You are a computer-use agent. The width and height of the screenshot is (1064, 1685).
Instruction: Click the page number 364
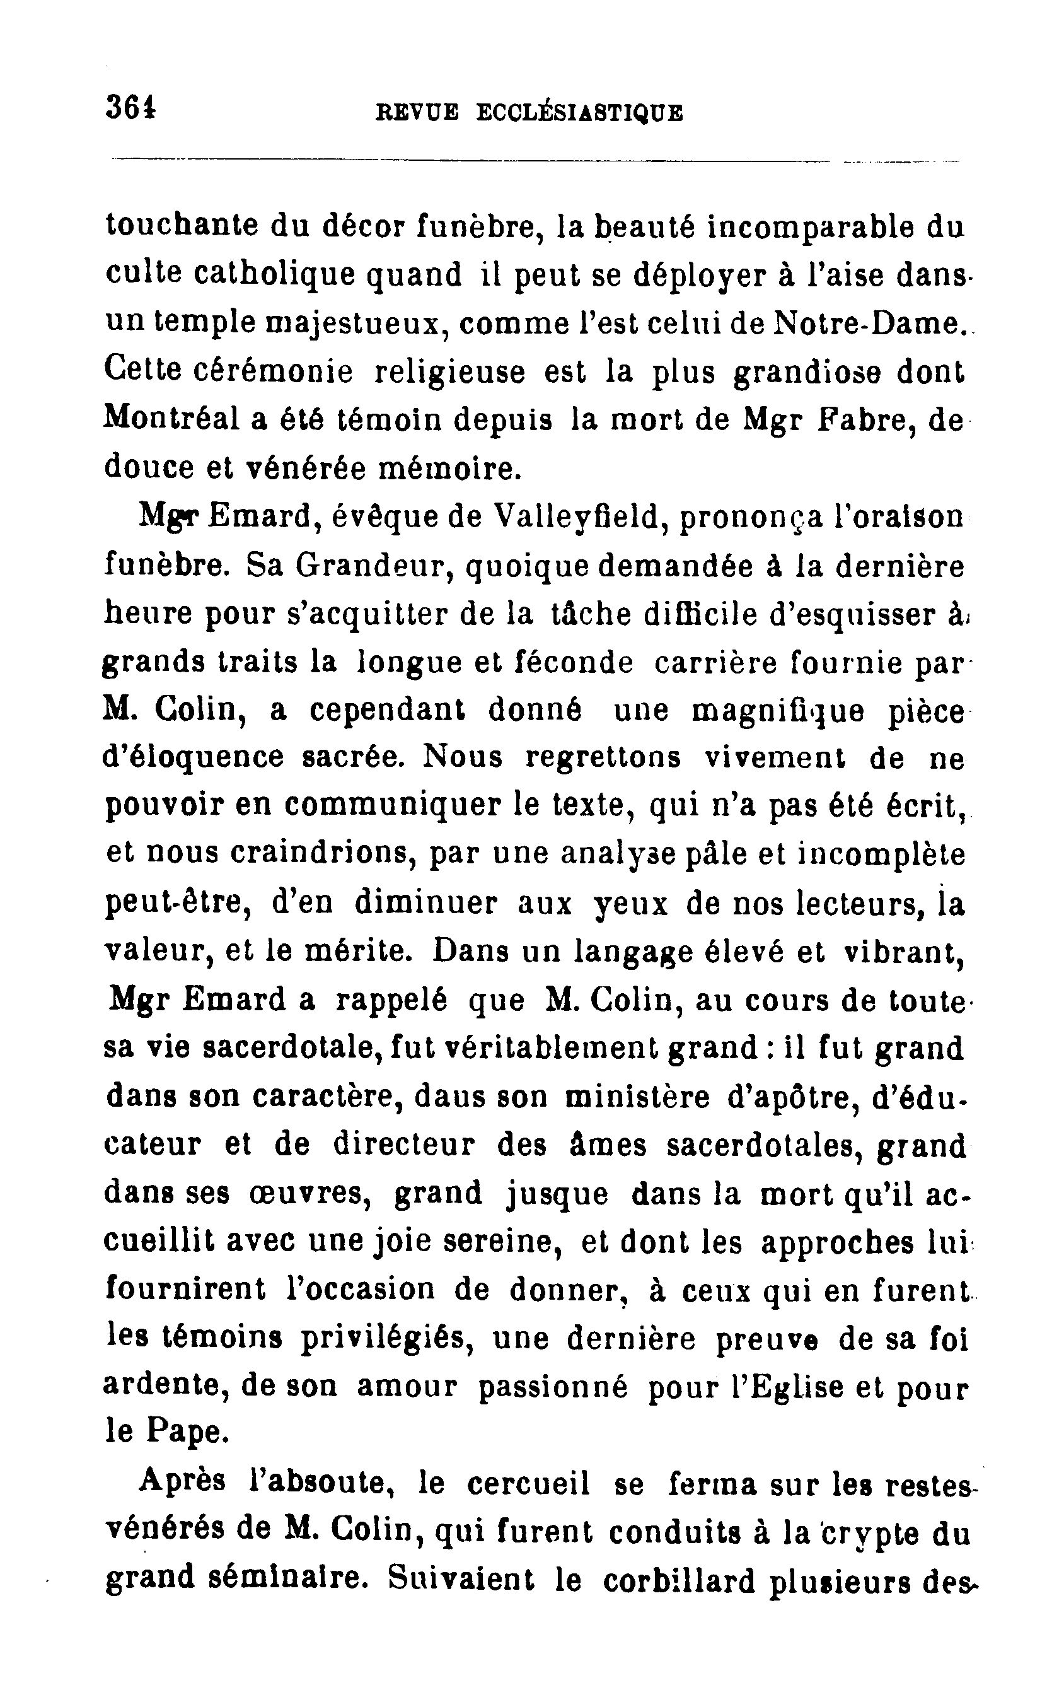tap(131, 108)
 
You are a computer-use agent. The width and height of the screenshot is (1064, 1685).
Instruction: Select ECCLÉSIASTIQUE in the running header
tap(579, 113)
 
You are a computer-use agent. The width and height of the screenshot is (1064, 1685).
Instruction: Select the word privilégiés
tap(388, 1338)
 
